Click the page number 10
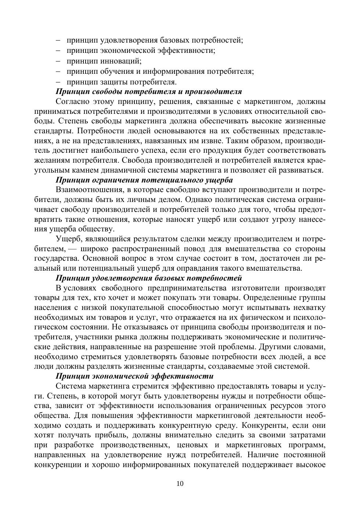coord(180,483)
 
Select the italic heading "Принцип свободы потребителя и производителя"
coord(149,91)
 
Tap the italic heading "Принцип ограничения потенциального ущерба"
coord(144,180)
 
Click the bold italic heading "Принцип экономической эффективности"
coord(134,376)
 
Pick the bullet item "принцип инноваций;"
coord(104,61)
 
